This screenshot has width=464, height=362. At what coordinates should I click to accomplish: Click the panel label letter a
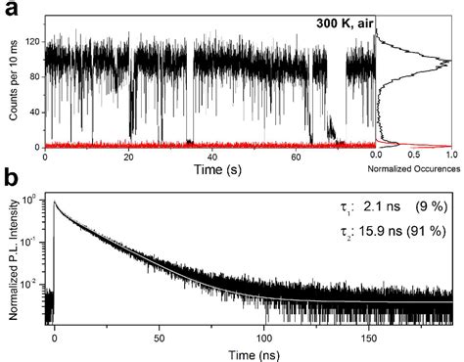click(11, 13)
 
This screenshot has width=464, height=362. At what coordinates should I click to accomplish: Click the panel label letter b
click(11, 180)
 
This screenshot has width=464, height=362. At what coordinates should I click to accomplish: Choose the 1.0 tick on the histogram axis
click(449, 155)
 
